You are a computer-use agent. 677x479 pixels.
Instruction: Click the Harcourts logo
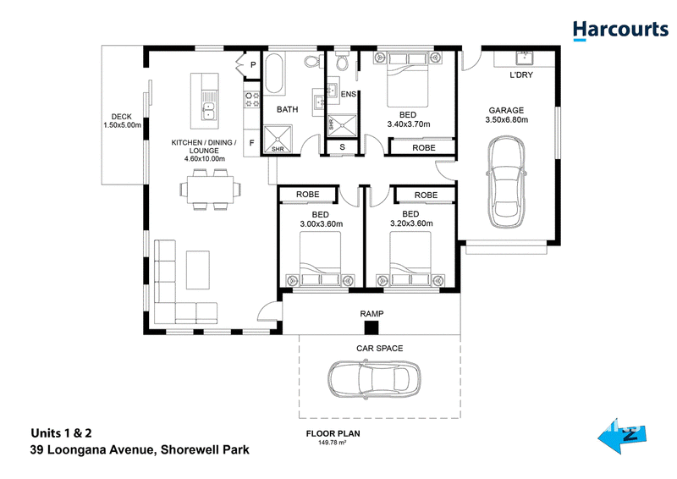coord(620,30)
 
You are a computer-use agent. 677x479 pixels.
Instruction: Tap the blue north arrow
coord(622,435)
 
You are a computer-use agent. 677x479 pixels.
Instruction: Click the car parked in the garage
coord(506,181)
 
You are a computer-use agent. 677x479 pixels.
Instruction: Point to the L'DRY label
coord(521,74)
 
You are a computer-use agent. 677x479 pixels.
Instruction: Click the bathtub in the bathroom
coord(274,74)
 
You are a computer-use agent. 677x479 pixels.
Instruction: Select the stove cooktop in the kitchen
coord(252,99)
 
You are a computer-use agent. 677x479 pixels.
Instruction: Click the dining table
coord(210,190)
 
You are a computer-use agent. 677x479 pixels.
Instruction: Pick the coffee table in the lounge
coord(198,270)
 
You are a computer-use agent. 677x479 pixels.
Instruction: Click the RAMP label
coord(372,314)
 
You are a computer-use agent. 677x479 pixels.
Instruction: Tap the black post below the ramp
coord(372,327)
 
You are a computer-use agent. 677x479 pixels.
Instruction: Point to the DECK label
coord(121,117)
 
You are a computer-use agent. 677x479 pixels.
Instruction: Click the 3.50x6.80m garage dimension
coord(506,119)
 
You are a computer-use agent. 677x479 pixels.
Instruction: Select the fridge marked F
coord(251,143)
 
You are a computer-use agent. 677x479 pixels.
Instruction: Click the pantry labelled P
coord(253,65)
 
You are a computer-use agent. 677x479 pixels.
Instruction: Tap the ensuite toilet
coord(342,62)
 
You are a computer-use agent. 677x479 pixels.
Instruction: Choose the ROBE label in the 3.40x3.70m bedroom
coord(424,148)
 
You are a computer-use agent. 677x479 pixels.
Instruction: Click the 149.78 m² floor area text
coord(333,443)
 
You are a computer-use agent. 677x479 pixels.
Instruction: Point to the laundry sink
coord(525,58)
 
